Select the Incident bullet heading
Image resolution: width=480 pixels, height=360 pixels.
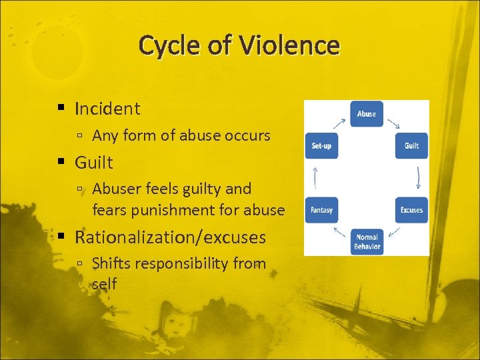click(107, 109)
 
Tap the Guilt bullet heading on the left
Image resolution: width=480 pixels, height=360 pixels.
click(94, 162)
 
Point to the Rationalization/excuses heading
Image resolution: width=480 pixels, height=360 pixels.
click(170, 237)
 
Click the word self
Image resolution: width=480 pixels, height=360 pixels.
click(104, 285)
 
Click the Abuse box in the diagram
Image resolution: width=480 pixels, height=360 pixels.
click(367, 114)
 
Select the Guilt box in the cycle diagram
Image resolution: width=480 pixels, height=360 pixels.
click(411, 146)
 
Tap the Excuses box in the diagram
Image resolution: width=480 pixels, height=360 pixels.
click(411, 210)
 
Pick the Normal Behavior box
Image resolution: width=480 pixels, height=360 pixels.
click(367, 241)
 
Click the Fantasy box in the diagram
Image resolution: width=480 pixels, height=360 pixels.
click(321, 210)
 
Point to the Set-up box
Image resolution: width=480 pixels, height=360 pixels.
click(321, 146)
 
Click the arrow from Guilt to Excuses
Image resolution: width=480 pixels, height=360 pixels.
click(418, 178)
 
